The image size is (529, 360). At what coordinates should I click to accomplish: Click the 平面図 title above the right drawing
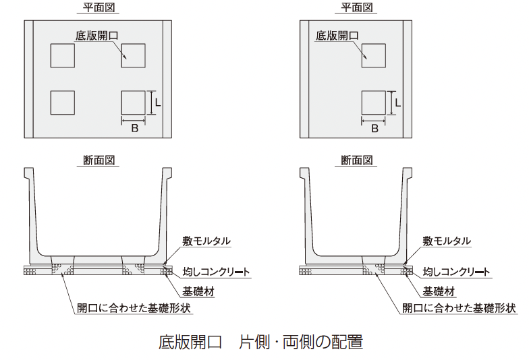click(357, 7)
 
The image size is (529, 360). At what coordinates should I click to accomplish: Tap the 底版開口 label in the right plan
click(337, 35)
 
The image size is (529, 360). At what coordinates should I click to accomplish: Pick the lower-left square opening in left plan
click(63, 102)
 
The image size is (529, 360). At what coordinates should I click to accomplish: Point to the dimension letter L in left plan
click(157, 102)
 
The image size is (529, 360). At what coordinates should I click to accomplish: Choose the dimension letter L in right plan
click(398, 102)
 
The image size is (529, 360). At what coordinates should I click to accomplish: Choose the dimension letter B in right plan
click(374, 128)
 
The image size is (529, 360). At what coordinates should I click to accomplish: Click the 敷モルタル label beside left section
click(206, 241)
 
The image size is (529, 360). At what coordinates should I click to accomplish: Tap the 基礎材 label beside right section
click(438, 292)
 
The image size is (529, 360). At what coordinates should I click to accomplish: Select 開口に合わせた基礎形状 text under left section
click(134, 309)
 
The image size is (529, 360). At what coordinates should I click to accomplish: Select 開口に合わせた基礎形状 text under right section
click(460, 309)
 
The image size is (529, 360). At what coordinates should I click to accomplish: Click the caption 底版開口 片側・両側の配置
click(260, 342)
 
